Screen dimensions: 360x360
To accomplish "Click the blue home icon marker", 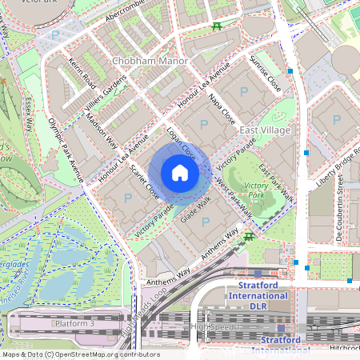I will pos(180,173).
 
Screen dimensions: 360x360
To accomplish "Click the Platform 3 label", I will pos(74,323).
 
